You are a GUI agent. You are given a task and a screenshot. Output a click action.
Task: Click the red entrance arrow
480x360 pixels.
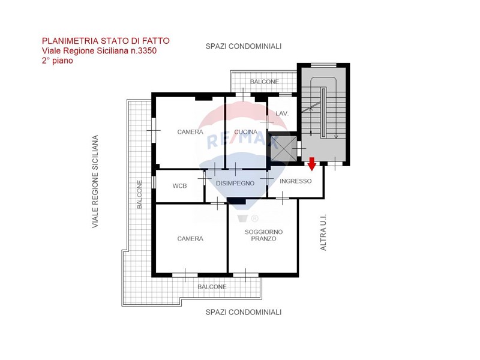pyautogui.click(x=311, y=164)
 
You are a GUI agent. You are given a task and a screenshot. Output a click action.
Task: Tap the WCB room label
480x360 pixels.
pyautogui.click(x=179, y=186)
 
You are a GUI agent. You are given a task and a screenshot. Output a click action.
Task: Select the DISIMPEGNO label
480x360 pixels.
pyautogui.click(x=235, y=184)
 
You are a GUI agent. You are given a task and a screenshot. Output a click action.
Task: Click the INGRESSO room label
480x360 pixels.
pyautogui.click(x=295, y=181)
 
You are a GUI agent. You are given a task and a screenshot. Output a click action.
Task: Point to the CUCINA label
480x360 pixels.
pyautogui.click(x=246, y=132)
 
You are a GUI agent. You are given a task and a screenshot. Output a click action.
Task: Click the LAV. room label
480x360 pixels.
pyautogui.click(x=282, y=113)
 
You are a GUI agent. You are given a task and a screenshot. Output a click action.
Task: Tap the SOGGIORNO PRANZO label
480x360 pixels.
pyautogui.click(x=263, y=235)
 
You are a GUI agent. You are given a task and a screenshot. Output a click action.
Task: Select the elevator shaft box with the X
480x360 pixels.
pyautogui.click(x=284, y=149)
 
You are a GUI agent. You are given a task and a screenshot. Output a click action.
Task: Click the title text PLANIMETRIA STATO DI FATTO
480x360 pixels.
pyautogui.click(x=106, y=41)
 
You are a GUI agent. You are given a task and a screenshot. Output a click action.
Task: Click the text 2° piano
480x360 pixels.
pyautogui.click(x=58, y=61)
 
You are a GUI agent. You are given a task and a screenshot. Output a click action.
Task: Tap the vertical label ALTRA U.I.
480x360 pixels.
pyautogui.click(x=323, y=232)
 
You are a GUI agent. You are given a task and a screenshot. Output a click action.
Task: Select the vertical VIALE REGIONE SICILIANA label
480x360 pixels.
pyautogui.click(x=95, y=182)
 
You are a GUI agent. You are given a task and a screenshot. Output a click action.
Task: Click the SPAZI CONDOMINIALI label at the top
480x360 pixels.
pyautogui.click(x=244, y=46)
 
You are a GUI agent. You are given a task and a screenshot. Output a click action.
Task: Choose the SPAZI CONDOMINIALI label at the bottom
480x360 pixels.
pyautogui.click(x=244, y=312)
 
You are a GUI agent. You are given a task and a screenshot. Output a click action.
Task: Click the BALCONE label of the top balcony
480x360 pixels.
pyautogui.click(x=265, y=82)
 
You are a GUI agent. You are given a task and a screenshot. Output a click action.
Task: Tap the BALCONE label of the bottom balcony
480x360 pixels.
pyautogui.click(x=212, y=287)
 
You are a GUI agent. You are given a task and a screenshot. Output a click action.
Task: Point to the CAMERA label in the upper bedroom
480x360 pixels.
pyautogui.click(x=190, y=132)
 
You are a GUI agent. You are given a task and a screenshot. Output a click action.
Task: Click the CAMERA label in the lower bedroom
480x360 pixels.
pyautogui.click(x=190, y=239)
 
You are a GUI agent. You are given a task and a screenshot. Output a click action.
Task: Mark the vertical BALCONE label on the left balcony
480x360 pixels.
pyautogui.click(x=139, y=194)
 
